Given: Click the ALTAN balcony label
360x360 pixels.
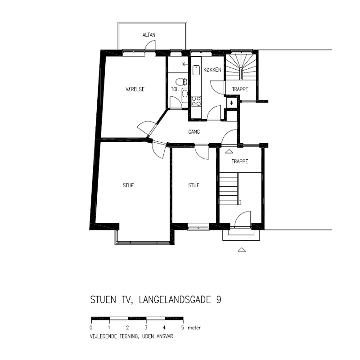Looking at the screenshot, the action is pos(149,35).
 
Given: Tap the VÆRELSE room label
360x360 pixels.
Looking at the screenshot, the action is pos(135,89).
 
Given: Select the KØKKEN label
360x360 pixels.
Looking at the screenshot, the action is pos(212,70).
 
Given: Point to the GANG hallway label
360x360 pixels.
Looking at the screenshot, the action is pos(194,132).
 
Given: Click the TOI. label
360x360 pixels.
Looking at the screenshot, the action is pos(175,89).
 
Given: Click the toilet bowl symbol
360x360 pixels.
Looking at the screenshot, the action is pos(181,81).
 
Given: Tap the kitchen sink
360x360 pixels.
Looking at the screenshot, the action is pos(196,70).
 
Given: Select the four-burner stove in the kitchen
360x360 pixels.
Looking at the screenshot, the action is pos(196,101).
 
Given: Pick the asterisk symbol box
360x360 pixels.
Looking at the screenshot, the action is pos(232,103).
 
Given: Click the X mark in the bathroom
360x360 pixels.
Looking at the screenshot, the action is pos(184,64).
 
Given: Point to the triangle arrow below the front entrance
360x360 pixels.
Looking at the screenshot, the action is pos(242,250).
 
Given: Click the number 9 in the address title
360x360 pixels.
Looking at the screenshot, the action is pos(219,300).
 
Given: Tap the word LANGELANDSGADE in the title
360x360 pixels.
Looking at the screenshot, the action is pos(175,300).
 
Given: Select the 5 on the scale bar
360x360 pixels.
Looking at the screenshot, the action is pos(183,328).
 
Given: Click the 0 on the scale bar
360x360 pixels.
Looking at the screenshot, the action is pos(91,328).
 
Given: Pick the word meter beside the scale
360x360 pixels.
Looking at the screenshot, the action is pos(194,328).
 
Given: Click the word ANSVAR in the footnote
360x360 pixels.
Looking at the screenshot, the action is pos(165,336).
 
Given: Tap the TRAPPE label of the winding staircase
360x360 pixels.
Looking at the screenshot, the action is pos(240,89).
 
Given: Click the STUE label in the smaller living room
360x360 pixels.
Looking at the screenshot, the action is pos(194,185).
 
